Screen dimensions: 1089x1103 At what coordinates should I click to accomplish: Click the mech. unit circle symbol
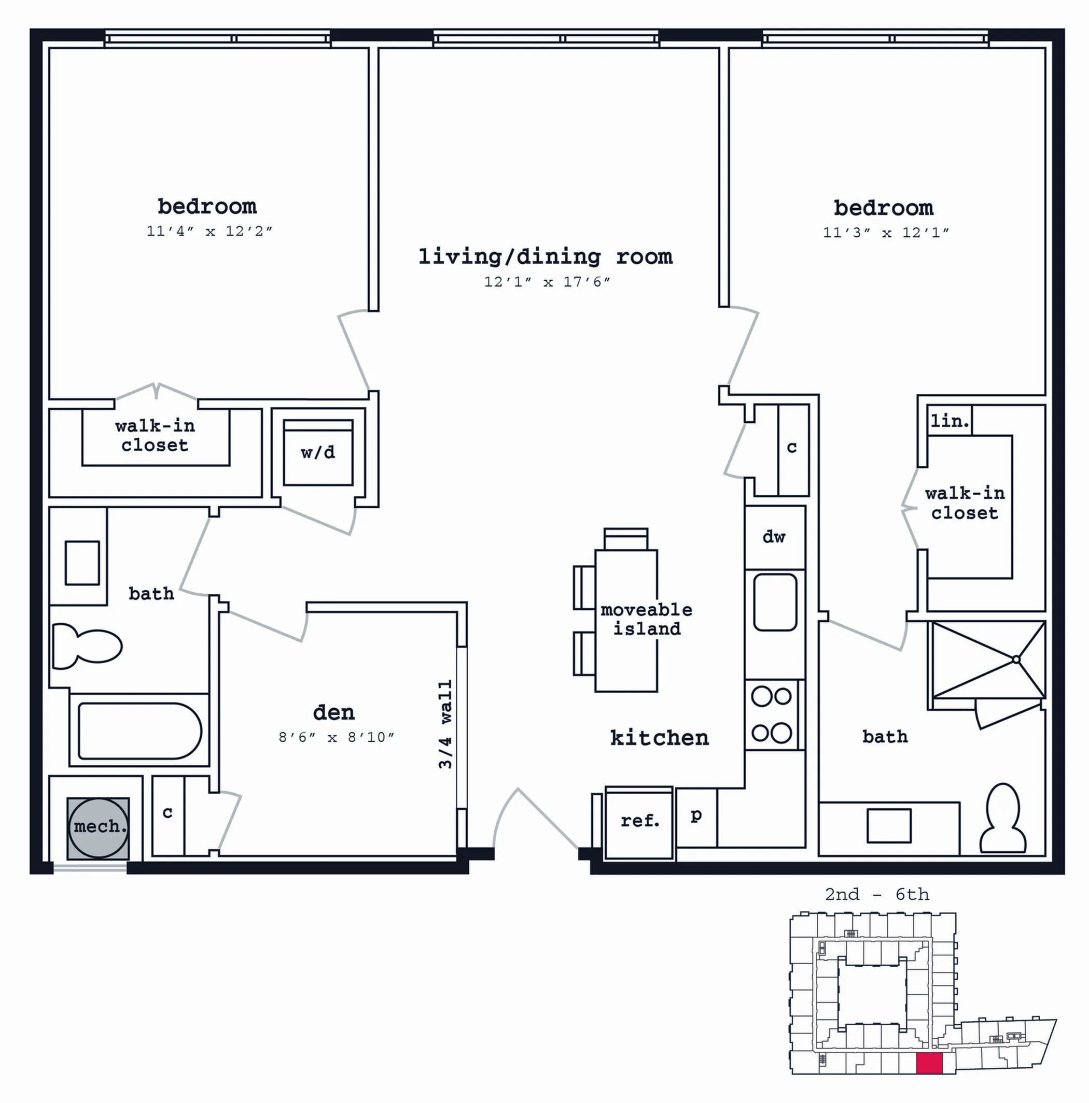click(99, 827)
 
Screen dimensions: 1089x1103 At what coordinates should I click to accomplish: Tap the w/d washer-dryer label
click(318, 453)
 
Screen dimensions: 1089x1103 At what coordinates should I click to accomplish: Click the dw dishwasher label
click(774, 537)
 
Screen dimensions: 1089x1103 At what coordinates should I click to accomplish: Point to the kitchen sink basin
click(775, 603)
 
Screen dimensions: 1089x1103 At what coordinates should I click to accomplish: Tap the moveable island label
click(647, 620)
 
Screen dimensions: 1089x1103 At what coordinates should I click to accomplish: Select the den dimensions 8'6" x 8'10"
click(336, 737)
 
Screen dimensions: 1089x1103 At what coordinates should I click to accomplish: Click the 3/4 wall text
click(445, 724)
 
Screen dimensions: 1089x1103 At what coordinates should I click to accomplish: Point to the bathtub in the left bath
click(139, 731)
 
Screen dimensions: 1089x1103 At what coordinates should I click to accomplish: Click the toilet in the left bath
click(87, 646)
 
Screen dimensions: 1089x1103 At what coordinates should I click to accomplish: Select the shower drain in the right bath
click(1016, 660)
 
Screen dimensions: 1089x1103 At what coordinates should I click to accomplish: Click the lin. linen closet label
click(950, 421)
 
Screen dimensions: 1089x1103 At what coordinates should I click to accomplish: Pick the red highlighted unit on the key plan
click(929, 1064)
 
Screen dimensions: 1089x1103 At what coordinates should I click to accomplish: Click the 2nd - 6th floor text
click(877, 894)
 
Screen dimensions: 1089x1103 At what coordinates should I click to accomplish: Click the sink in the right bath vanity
click(889, 825)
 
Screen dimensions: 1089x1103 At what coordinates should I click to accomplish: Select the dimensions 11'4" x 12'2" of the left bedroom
click(209, 231)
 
